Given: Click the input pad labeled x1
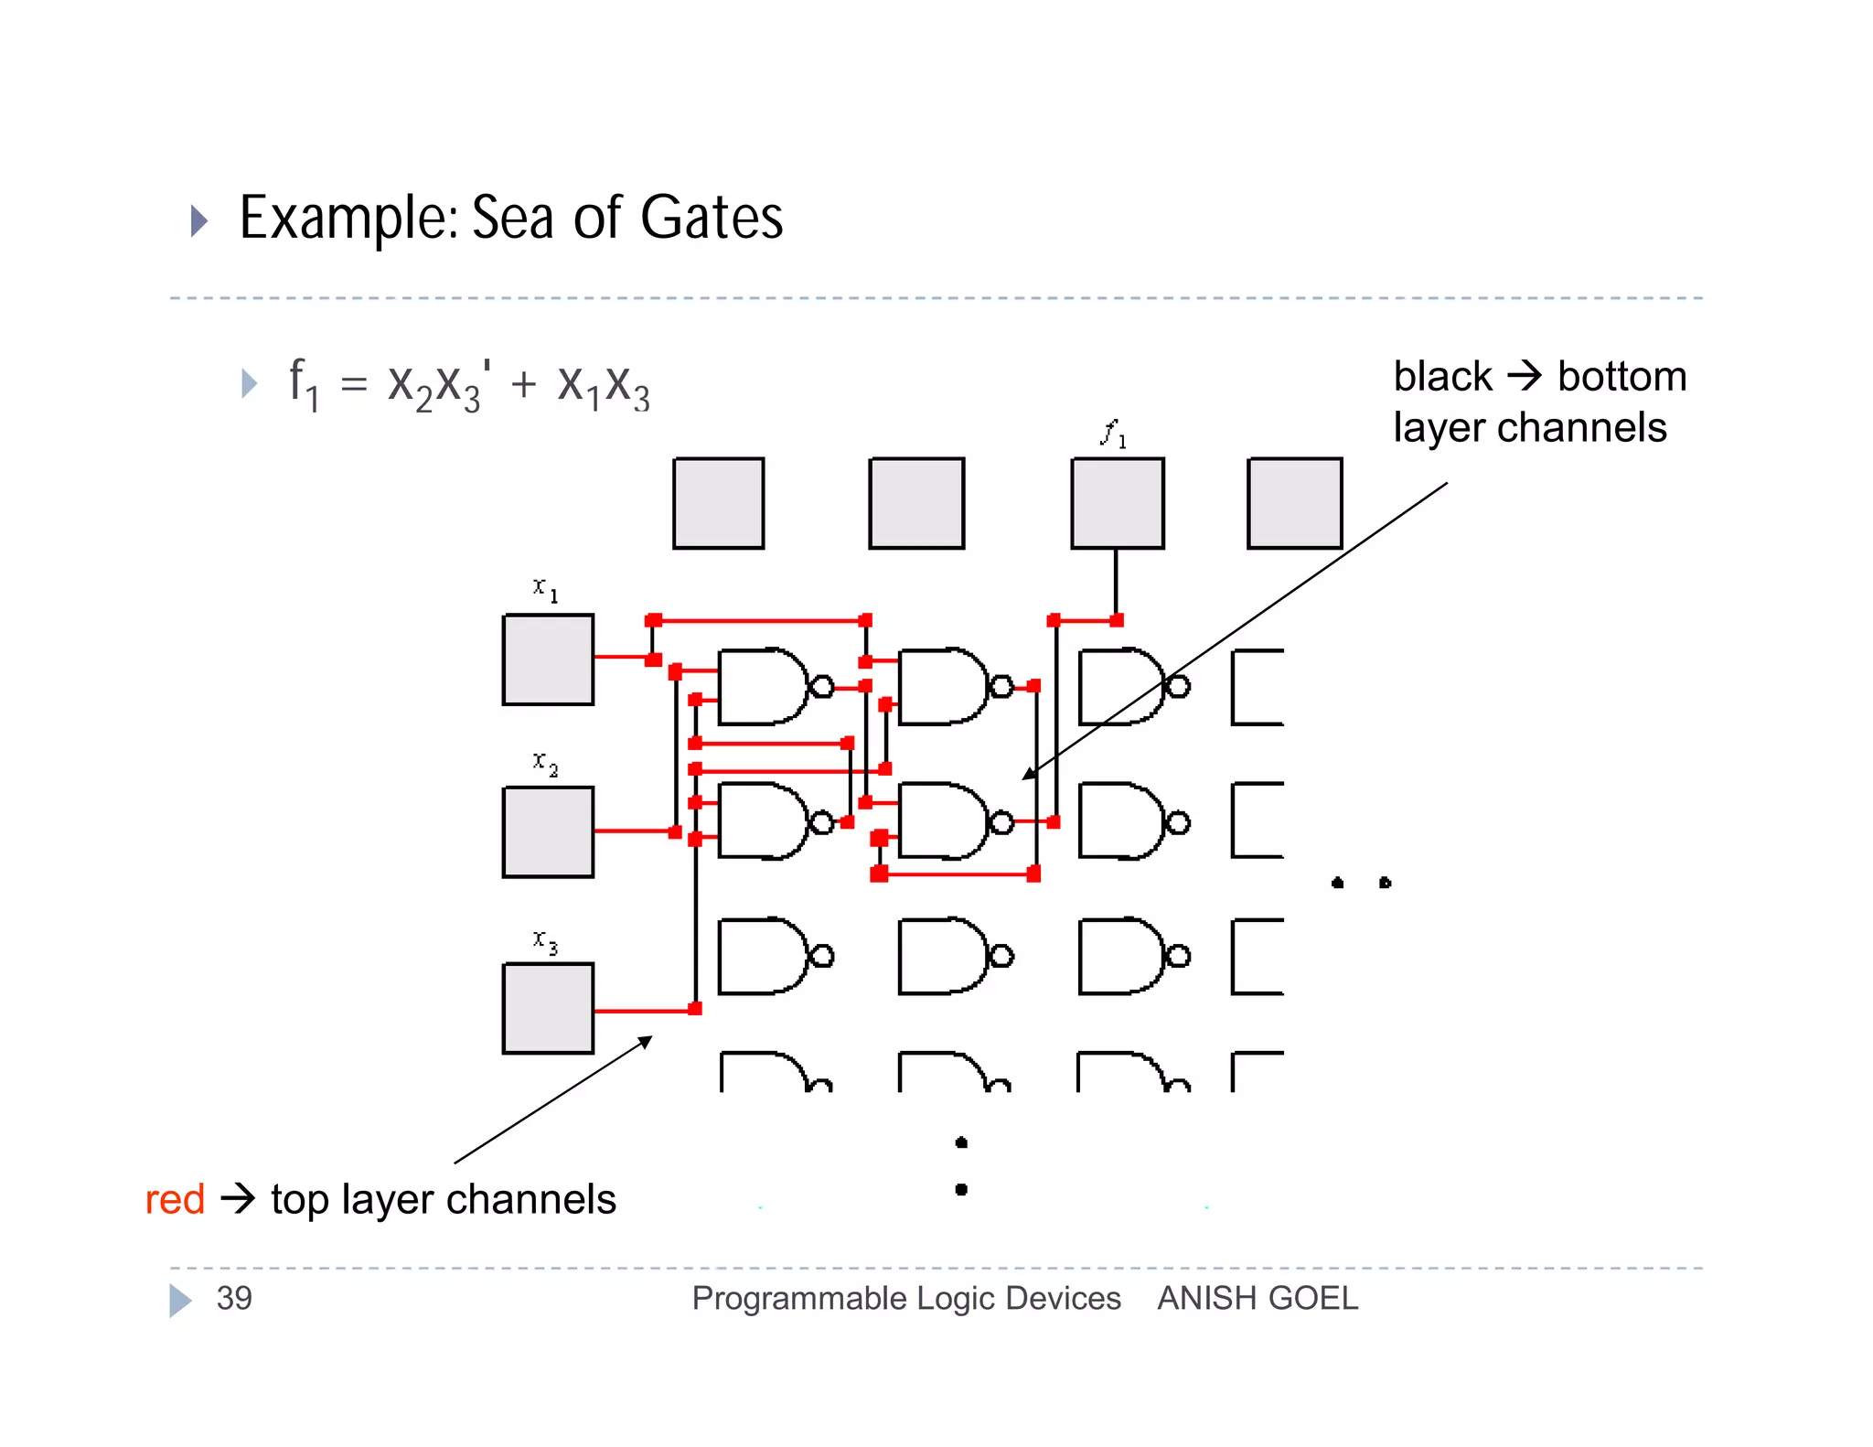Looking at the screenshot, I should coord(548,659).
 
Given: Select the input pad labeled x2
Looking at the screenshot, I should coord(548,831).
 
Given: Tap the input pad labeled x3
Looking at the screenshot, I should coord(548,1008).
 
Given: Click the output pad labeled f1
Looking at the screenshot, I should coord(1117,503).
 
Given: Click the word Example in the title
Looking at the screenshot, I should coord(348,219).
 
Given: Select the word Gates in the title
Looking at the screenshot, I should coord(712,219).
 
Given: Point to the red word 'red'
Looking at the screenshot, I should coord(175,1199).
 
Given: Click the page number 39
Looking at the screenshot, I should coord(234,1298).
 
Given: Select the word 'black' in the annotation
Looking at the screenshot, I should coord(1442,377).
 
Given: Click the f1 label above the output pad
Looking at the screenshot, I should coord(1112,434).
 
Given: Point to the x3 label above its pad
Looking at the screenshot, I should coord(545,940).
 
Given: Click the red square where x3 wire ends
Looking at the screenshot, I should coord(695,1009).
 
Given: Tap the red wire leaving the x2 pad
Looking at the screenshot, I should coord(633,831).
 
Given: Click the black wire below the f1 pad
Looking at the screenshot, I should coord(1116,583).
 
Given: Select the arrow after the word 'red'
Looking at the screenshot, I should coord(238,1198).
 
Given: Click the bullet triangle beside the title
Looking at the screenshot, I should coord(198,220).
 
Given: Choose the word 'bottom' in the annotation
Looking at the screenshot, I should coord(1621,377).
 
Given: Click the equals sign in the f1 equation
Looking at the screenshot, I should coord(354,384).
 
